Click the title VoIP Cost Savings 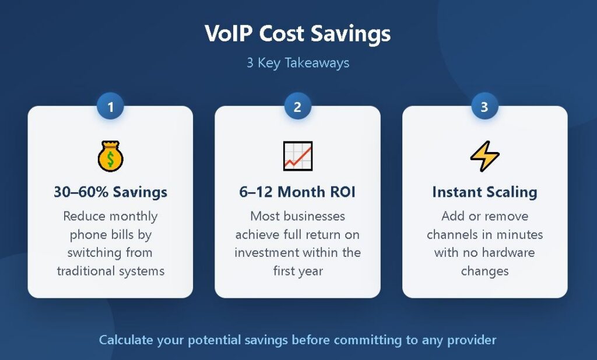coord(298,33)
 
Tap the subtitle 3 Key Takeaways coord(298,63)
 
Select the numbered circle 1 coord(110,107)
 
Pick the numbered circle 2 coord(298,107)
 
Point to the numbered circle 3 coord(484,107)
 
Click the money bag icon coord(110,156)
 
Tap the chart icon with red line coord(298,156)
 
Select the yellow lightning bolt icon coord(484,156)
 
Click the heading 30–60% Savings coord(110,192)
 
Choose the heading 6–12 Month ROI coord(297,192)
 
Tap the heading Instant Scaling coord(484,192)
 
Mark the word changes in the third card coord(484,271)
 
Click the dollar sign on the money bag coord(110,160)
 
